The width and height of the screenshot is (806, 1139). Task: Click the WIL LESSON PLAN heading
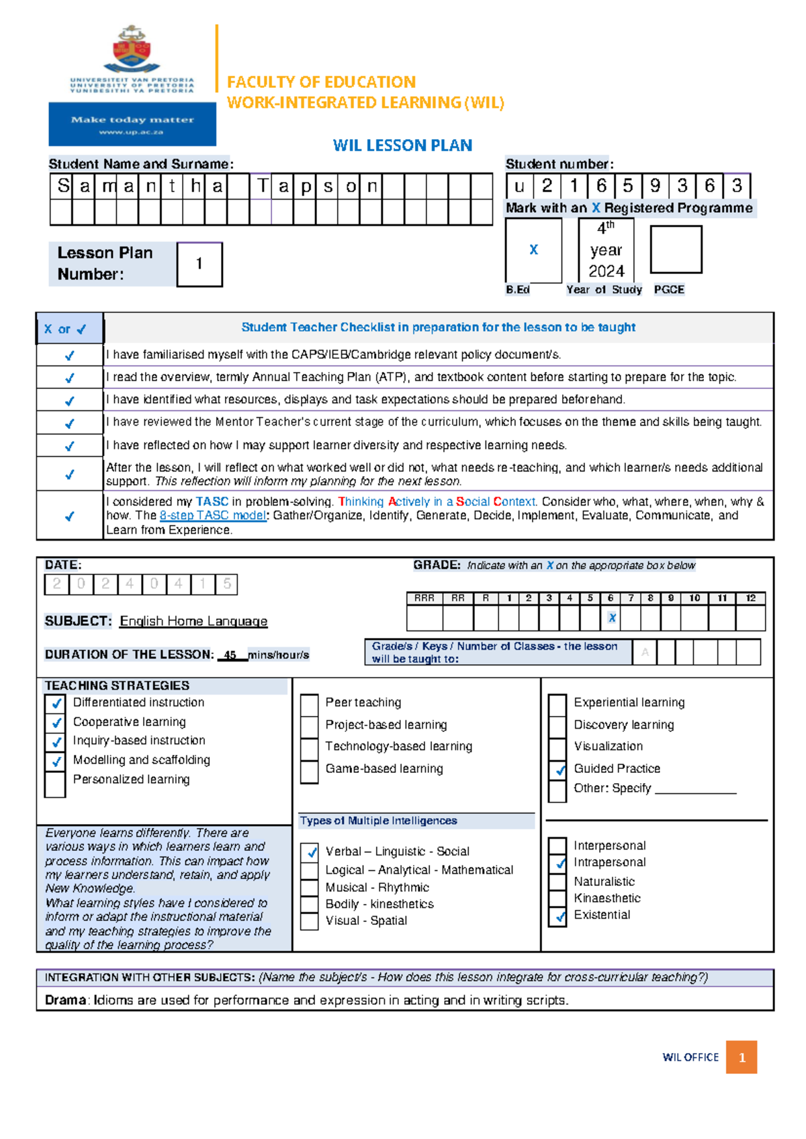402,145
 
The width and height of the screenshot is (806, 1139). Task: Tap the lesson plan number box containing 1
199,264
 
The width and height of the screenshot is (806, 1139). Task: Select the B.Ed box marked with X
533,250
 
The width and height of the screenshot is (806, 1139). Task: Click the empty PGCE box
676,249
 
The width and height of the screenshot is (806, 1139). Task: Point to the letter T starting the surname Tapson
262,186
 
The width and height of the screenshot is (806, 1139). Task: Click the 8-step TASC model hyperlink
212,515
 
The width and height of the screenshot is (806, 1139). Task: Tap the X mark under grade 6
611,618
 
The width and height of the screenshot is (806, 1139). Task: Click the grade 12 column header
750,598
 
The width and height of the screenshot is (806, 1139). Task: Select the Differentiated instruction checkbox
56,703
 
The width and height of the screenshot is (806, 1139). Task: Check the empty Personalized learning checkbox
55,784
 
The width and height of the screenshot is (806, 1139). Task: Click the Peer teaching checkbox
309,704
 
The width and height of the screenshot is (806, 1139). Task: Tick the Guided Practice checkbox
557,770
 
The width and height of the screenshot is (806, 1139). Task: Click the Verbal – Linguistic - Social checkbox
310,852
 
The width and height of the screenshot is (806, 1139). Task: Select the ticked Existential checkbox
557,916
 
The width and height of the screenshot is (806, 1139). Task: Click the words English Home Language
193,621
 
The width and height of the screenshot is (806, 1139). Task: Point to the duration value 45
230,655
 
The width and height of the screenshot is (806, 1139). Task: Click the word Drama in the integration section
65,1000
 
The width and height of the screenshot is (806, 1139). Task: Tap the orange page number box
742,1057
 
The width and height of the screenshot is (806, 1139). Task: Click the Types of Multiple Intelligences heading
378,821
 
